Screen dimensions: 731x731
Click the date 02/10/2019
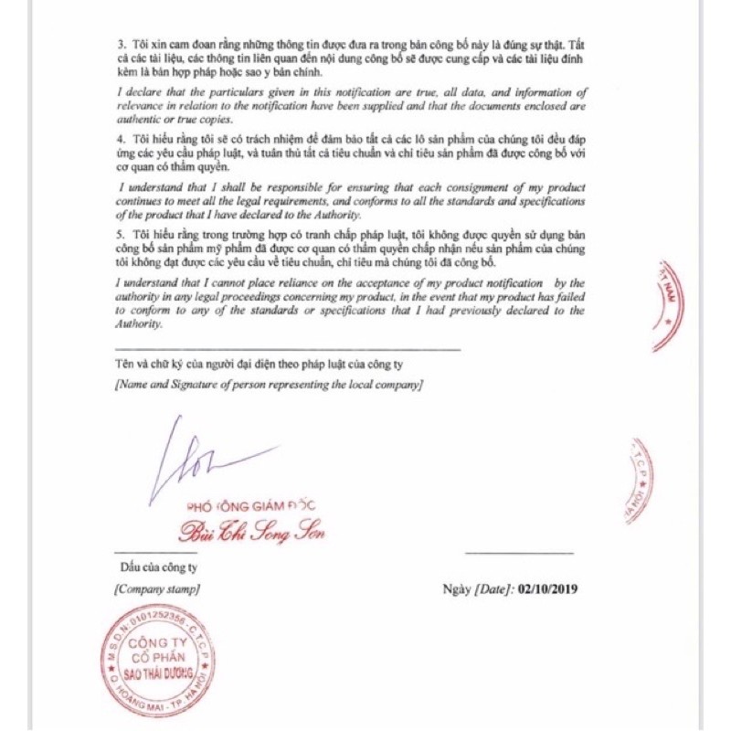pos(547,589)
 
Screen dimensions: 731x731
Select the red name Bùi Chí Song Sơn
pos(250,532)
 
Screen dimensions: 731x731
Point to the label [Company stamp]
pos(157,589)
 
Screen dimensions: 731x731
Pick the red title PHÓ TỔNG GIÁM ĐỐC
pos(250,506)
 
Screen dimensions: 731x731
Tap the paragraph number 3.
pos(122,45)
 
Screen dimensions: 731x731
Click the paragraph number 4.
pos(122,137)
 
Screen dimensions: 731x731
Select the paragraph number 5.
pos(122,236)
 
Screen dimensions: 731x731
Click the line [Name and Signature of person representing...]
pos(269,386)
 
